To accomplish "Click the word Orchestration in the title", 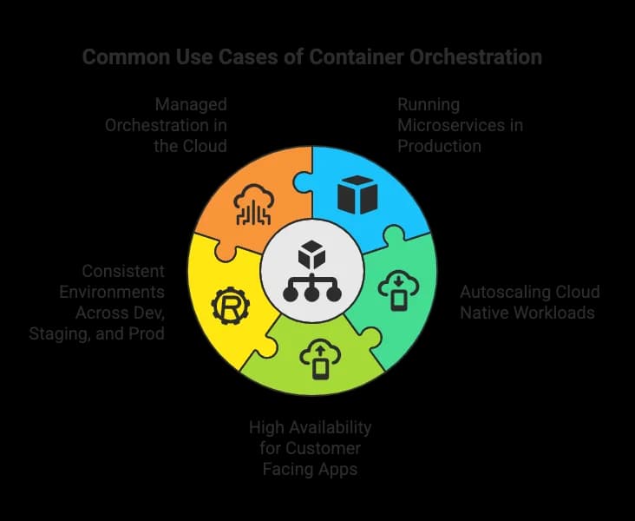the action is tap(475, 56).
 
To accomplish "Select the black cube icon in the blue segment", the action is tap(357, 195).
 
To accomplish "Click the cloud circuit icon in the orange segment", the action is tap(254, 205).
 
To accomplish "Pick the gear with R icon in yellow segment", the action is tap(231, 306).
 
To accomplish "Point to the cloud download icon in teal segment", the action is tap(398, 290).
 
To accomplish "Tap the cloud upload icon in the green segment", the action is tap(320, 359).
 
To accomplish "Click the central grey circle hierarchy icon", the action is tap(311, 271).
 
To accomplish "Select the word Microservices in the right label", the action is tap(452, 125).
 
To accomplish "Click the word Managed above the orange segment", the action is tap(191, 105).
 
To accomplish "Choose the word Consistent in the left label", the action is tap(123, 271).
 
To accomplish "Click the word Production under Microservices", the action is tap(439, 146).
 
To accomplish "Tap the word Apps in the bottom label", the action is tap(337, 470).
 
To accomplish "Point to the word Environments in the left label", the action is tap(112, 292).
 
